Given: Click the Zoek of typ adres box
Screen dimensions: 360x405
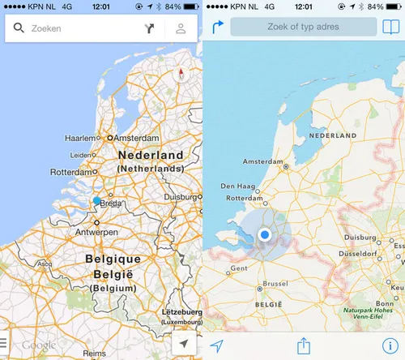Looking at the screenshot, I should click(297, 28).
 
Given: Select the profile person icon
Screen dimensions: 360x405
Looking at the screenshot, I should click(181, 29).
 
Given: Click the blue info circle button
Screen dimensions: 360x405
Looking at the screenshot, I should click(390, 346).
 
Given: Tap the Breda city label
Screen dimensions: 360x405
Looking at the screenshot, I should click(111, 204).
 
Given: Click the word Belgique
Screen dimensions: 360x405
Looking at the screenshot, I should click(113, 259).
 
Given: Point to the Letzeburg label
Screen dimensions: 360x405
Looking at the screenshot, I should click(181, 312).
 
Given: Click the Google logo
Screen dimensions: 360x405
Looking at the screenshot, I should click(38, 346).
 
